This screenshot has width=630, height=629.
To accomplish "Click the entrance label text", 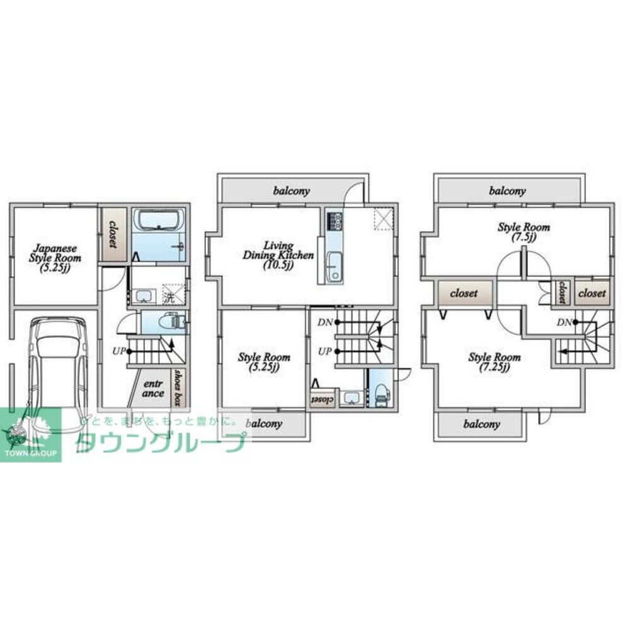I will point(153,388).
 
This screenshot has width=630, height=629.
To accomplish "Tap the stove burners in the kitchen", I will point(334,221).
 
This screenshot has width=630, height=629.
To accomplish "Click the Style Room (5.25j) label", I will point(264,361).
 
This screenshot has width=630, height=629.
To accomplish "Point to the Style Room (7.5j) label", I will point(524,232).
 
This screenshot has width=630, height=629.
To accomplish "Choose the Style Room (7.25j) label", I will point(495,361).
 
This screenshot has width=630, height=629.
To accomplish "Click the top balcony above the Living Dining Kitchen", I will point(291,190).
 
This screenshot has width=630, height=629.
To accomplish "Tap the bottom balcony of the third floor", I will point(481,424).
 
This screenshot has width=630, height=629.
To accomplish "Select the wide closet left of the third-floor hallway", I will point(463,293).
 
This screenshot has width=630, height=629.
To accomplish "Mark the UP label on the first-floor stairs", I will point(118,351).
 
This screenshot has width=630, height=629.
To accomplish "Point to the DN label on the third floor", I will point(564,322).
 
